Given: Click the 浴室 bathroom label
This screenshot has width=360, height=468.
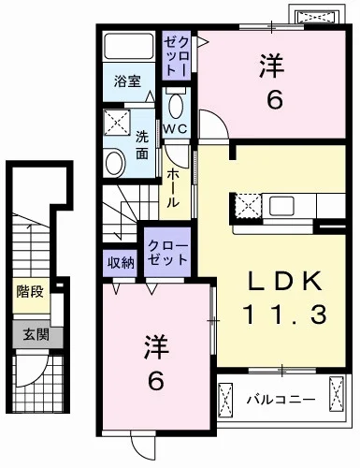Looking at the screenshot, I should pyautogui.click(x=128, y=80).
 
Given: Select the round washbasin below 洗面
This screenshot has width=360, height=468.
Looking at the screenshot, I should pyautogui.click(x=115, y=162).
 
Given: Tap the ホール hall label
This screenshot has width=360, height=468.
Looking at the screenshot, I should pyautogui.click(x=174, y=187).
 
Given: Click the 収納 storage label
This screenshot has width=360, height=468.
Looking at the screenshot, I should pyautogui.click(x=120, y=261).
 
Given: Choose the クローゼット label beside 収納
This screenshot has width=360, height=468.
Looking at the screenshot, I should pyautogui.click(x=167, y=253).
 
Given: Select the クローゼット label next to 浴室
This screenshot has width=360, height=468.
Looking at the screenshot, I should pyautogui.click(x=178, y=55).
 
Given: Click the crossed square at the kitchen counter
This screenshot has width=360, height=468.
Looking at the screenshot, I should pyautogui.click(x=247, y=206).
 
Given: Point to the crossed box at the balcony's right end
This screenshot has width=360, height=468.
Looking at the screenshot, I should pyautogui.click(x=338, y=401).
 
